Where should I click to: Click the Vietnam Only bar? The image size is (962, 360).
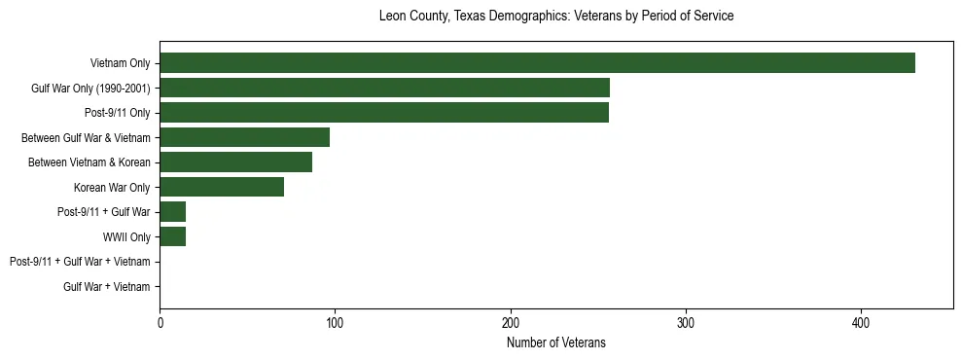(537, 63)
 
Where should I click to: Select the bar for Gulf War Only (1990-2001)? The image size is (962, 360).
(384, 88)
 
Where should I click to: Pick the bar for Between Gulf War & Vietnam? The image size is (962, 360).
(244, 137)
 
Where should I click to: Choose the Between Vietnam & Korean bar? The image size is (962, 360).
(235, 162)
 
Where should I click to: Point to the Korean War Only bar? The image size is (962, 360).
(222, 187)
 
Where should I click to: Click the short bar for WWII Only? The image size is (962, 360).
(172, 236)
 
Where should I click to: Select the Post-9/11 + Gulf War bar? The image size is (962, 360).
(172, 211)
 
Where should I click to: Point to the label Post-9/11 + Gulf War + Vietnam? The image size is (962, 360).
(80, 262)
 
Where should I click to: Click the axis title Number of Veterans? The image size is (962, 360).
(555, 342)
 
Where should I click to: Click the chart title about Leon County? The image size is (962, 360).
(555, 17)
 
